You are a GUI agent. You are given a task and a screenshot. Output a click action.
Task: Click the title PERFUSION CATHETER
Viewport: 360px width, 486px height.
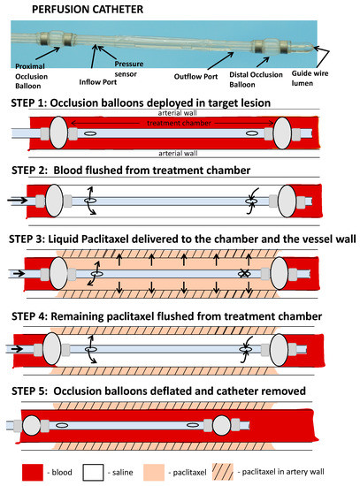tap(88, 10)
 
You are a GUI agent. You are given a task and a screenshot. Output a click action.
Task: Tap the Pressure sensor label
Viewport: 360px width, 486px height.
tap(128, 69)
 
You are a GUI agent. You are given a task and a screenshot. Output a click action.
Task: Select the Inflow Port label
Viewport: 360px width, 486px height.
tap(98, 82)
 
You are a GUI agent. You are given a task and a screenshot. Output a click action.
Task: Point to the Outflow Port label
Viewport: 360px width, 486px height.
tap(195, 77)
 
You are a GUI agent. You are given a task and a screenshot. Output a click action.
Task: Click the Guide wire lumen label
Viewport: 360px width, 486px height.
tap(310, 78)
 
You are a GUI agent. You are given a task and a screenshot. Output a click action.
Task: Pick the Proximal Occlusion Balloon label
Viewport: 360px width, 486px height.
tap(31, 76)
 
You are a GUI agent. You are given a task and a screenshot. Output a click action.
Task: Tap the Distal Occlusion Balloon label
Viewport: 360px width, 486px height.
tap(256, 80)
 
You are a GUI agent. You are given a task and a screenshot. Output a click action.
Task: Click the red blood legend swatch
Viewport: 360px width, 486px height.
tap(33, 472)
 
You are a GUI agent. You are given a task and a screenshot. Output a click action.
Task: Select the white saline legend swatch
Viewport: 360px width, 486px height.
tap(93, 472)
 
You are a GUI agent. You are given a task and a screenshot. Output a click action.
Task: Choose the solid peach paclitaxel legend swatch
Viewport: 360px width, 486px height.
tap(154, 472)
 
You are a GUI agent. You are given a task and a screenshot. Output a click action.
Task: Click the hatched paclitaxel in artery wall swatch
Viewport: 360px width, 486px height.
tap(223, 472)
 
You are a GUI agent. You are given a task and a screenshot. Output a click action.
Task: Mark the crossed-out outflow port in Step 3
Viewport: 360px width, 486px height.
tap(244, 274)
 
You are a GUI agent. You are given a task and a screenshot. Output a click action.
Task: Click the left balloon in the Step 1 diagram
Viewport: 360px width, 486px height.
tap(58, 133)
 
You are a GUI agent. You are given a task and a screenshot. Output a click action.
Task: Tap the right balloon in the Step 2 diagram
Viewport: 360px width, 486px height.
tap(287, 201)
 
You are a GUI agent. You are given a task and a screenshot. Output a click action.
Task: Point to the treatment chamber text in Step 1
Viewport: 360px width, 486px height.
tap(179, 123)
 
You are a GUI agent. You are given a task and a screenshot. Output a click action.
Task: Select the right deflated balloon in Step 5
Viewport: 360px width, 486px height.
tap(222, 425)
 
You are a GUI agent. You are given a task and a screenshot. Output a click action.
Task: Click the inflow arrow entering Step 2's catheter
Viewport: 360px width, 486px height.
tap(17, 200)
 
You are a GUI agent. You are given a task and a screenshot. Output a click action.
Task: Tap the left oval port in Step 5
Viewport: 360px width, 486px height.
tap(62, 425)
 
